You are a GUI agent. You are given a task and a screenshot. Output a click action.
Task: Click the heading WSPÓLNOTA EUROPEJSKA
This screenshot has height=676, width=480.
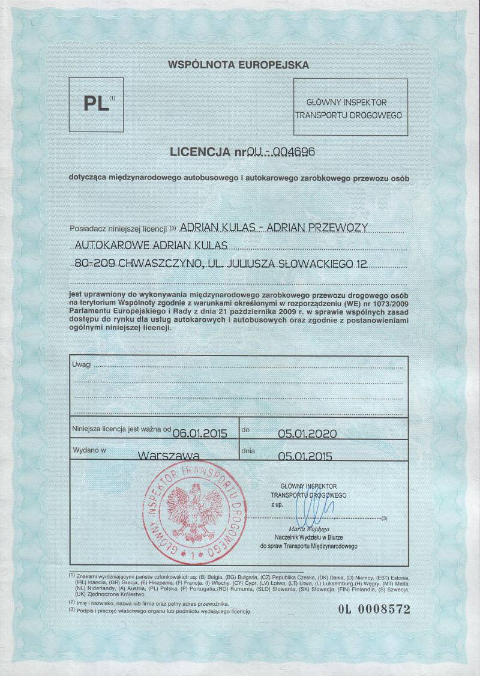(x=238, y=63)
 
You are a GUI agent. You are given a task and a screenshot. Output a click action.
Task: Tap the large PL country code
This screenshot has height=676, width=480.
(x=96, y=103)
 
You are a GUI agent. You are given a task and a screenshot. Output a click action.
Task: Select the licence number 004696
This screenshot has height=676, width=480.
(x=294, y=152)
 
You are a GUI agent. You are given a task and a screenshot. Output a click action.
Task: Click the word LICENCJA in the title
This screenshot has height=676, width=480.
(x=204, y=152)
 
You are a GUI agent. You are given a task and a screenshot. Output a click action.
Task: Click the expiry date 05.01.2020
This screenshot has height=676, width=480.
(x=305, y=433)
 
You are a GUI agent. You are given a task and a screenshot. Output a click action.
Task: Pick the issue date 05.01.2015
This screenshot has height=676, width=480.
(x=305, y=455)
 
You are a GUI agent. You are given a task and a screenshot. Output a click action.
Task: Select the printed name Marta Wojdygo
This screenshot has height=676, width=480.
(x=308, y=529)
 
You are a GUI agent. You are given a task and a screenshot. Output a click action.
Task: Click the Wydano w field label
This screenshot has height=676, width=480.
(x=89, y=449)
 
